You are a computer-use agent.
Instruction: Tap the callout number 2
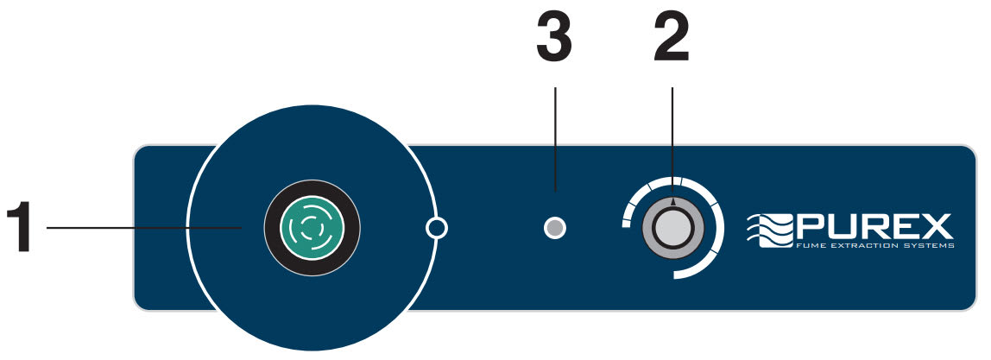672,40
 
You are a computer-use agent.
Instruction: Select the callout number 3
554,40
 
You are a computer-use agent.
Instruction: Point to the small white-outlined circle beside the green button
438,228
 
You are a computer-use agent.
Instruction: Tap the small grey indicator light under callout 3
556,228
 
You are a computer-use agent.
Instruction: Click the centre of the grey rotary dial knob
673,229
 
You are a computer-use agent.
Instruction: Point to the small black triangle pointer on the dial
673,201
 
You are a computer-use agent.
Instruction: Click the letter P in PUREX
812,226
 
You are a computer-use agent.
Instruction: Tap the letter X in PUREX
937,226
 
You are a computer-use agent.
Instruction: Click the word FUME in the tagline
810,246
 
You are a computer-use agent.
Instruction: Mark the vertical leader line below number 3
555,138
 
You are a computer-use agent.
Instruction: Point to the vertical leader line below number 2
672,129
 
